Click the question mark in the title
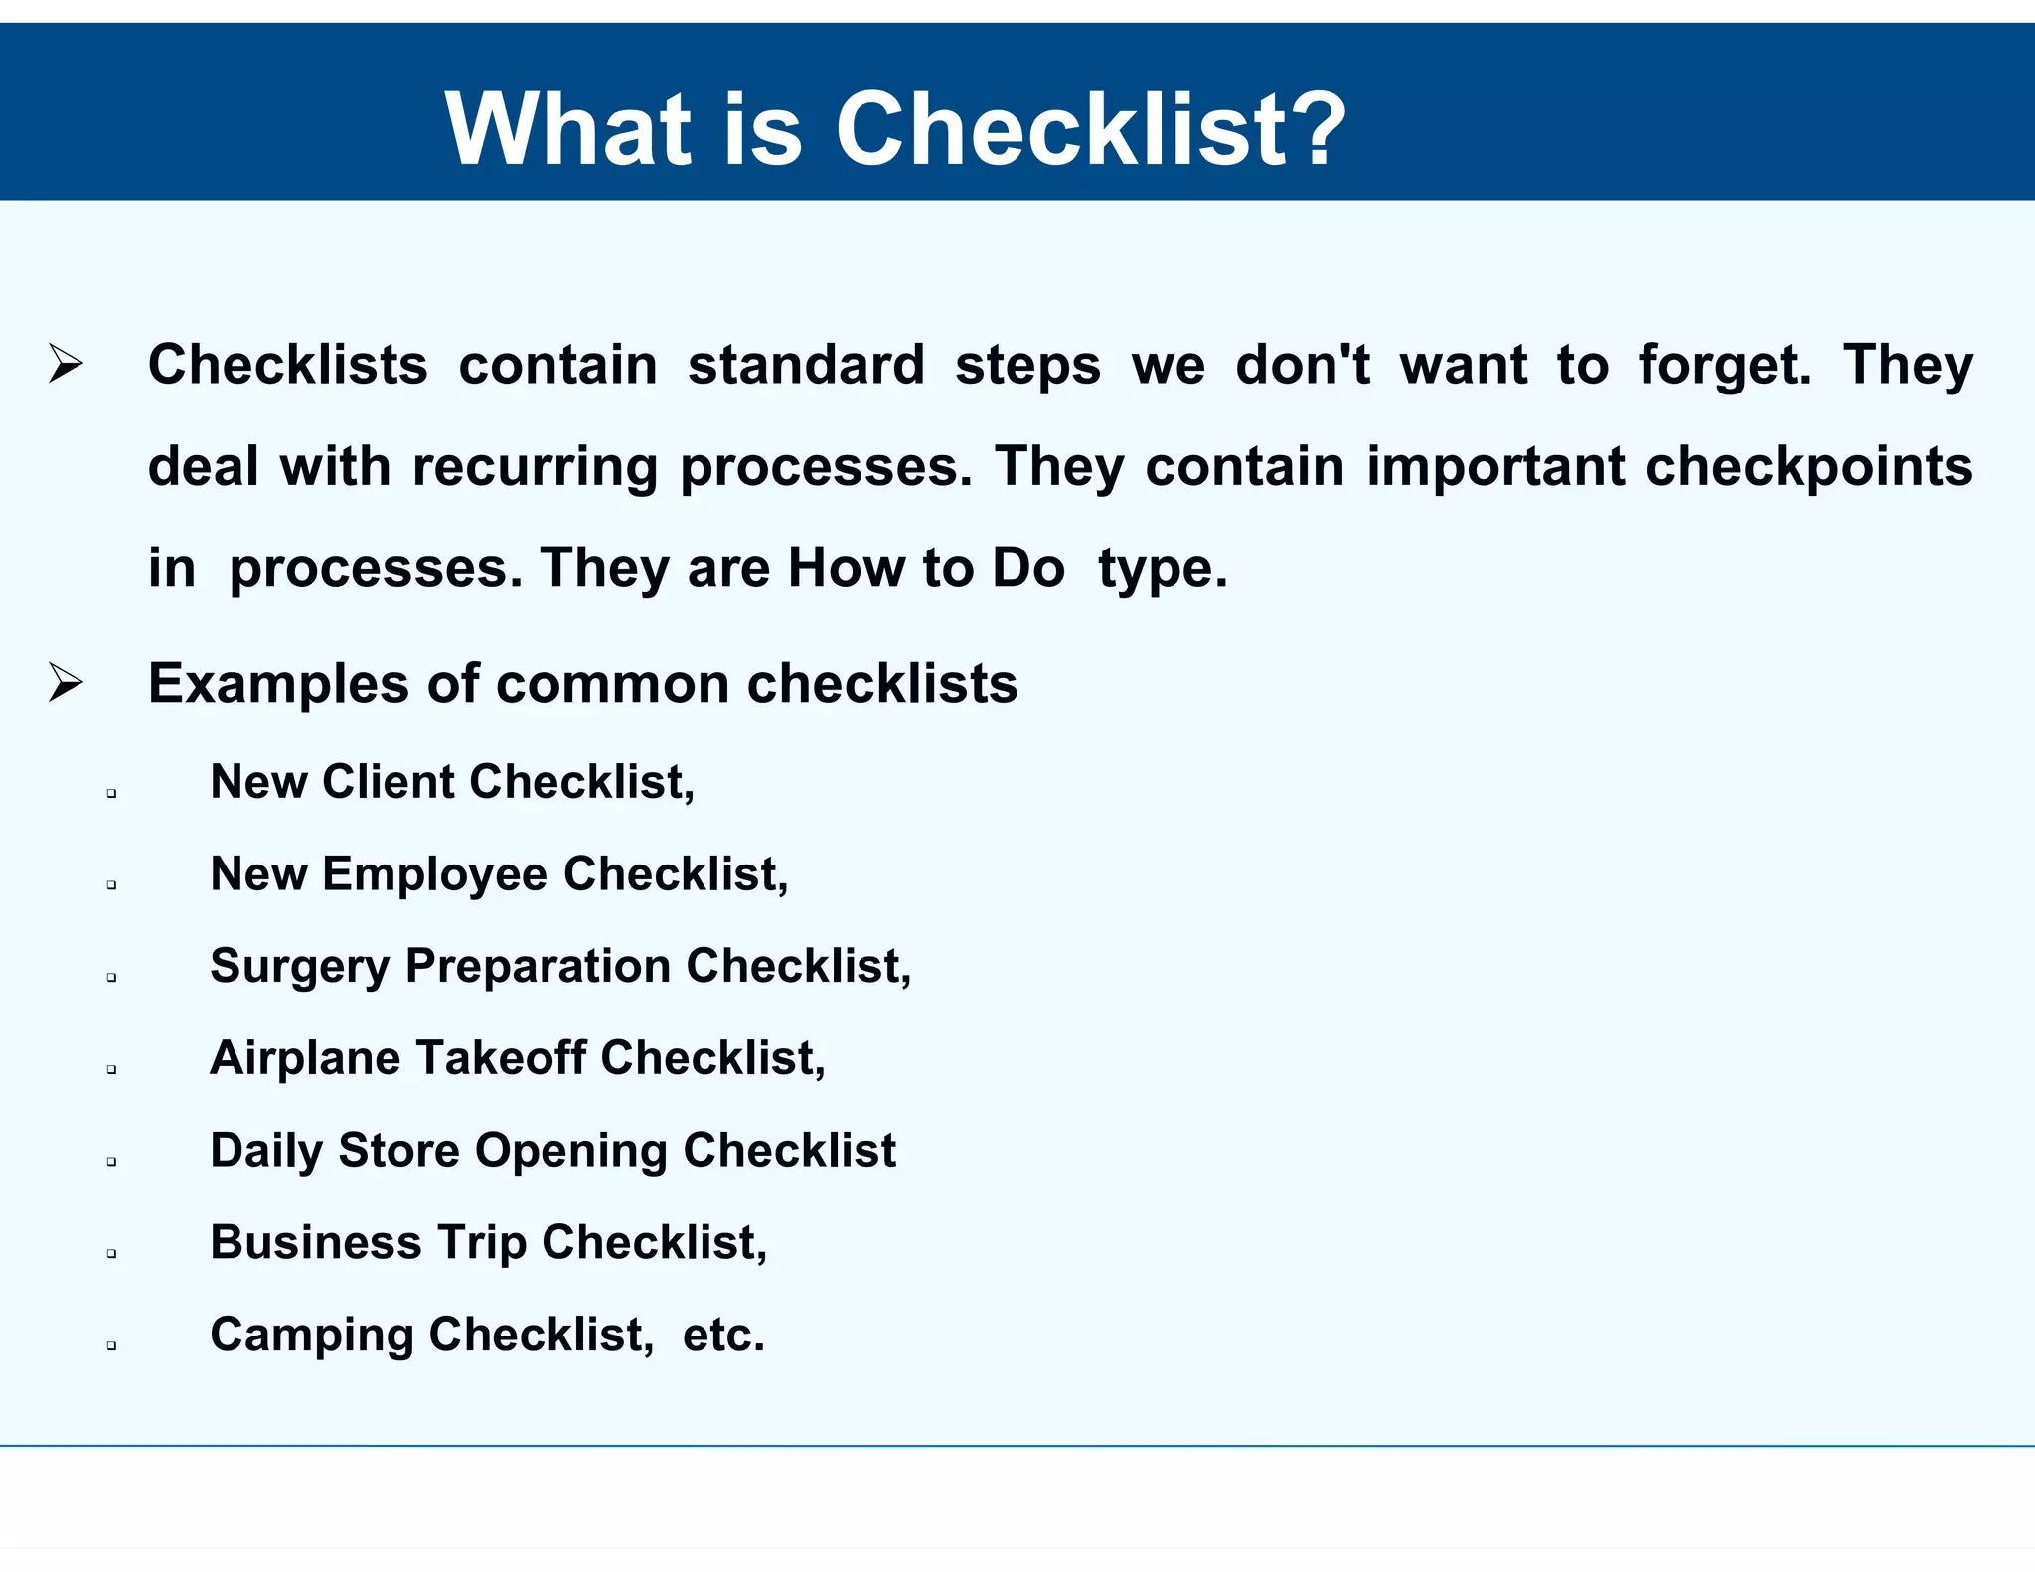(x=1314, y=129)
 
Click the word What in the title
(x=566, y=129)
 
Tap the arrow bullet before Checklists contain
(x=66, y=364)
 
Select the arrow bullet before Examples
(x=66, y=683)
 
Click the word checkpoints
(x=1808, y=467)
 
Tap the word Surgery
(x=300, y=967)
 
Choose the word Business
(x=316, y=1243)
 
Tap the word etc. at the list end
(x=723, y=1336)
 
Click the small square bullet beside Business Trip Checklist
(x=111, y=1254)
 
